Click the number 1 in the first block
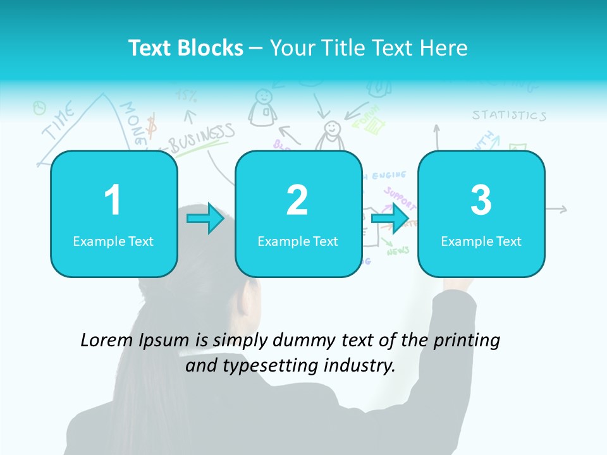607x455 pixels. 113,200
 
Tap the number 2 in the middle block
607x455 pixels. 297,200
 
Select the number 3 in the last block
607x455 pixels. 481,200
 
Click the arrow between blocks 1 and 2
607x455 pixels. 205,219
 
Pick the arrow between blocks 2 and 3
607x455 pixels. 391,219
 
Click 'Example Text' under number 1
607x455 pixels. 113,241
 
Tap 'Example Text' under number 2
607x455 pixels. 298,241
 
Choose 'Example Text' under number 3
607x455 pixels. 481,241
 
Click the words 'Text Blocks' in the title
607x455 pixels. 186,48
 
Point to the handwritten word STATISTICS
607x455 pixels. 509,115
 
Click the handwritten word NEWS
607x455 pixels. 398,251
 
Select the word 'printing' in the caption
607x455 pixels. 467,340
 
